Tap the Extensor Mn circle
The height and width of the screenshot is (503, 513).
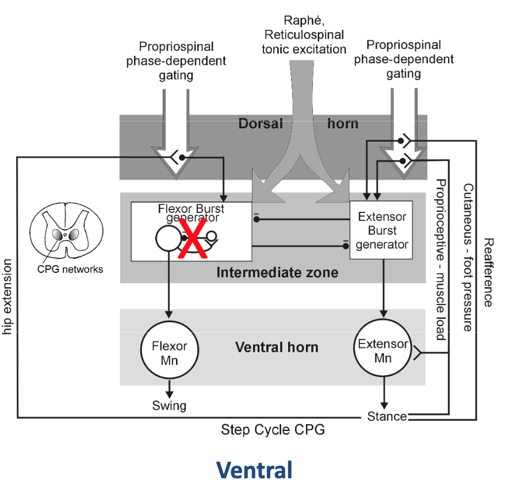[382, 350]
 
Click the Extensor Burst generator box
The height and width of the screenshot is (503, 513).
[381, 230]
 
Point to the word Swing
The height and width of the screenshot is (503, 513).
[169, 405]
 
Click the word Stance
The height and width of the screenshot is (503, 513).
[386, 416]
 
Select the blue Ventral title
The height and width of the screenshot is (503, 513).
[254, 471]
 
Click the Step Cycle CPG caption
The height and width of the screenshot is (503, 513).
[273, 430]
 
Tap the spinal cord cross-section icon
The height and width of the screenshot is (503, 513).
[66, 233]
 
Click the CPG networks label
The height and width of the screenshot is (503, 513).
[70, 269]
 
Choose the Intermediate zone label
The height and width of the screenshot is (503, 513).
[277, 272]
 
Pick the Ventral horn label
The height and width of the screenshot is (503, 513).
[277, 348]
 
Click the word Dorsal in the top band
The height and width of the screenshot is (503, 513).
[261, 123]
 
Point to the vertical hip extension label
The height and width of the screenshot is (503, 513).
[7, 297]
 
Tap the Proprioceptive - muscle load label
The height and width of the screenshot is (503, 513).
[441, 260]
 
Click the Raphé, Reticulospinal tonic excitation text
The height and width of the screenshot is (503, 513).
[304, 36]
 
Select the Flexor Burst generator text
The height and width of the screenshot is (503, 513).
[192, 213]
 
